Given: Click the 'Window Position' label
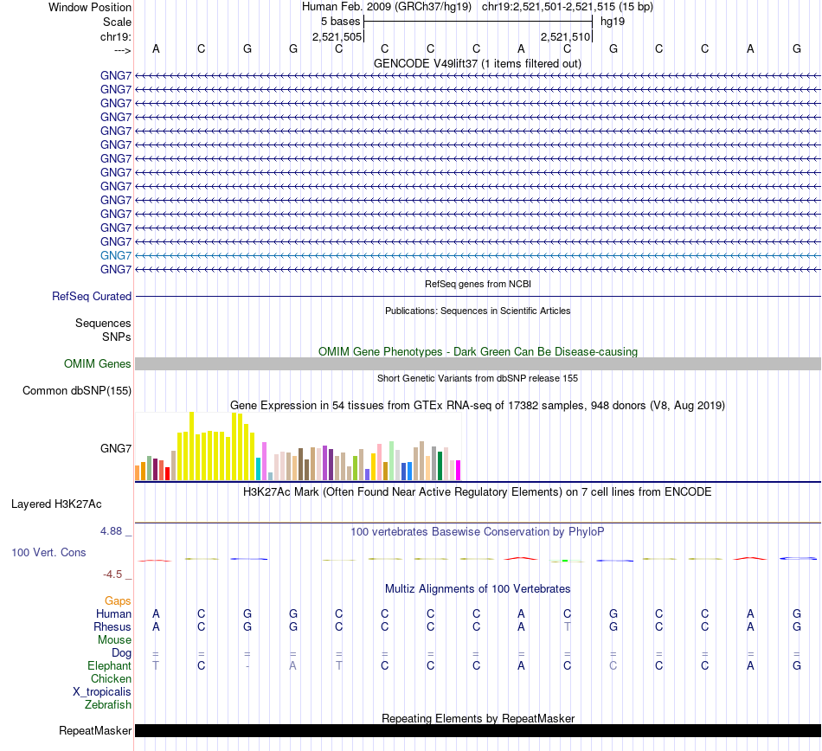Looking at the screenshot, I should [90, 7].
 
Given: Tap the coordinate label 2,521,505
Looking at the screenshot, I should [337, 36].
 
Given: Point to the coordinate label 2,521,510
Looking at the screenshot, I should [565, 36].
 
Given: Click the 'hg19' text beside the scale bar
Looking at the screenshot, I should [613, 21].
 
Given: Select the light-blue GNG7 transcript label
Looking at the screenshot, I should [116, 255].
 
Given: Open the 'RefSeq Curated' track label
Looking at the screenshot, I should [92, 296].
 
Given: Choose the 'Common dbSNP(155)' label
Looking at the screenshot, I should [77, 390].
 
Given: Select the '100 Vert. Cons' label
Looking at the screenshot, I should [48, 552].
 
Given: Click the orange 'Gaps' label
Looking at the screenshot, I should [118, 600].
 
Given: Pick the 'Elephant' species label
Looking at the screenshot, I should [109, 665].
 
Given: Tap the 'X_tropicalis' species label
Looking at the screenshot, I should [102, 691].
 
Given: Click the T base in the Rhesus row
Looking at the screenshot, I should [567, 626].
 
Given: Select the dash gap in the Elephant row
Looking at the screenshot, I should [247, 665].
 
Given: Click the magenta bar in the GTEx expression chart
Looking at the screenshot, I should [458, 470].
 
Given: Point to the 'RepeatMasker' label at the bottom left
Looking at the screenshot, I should [95, 731].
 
